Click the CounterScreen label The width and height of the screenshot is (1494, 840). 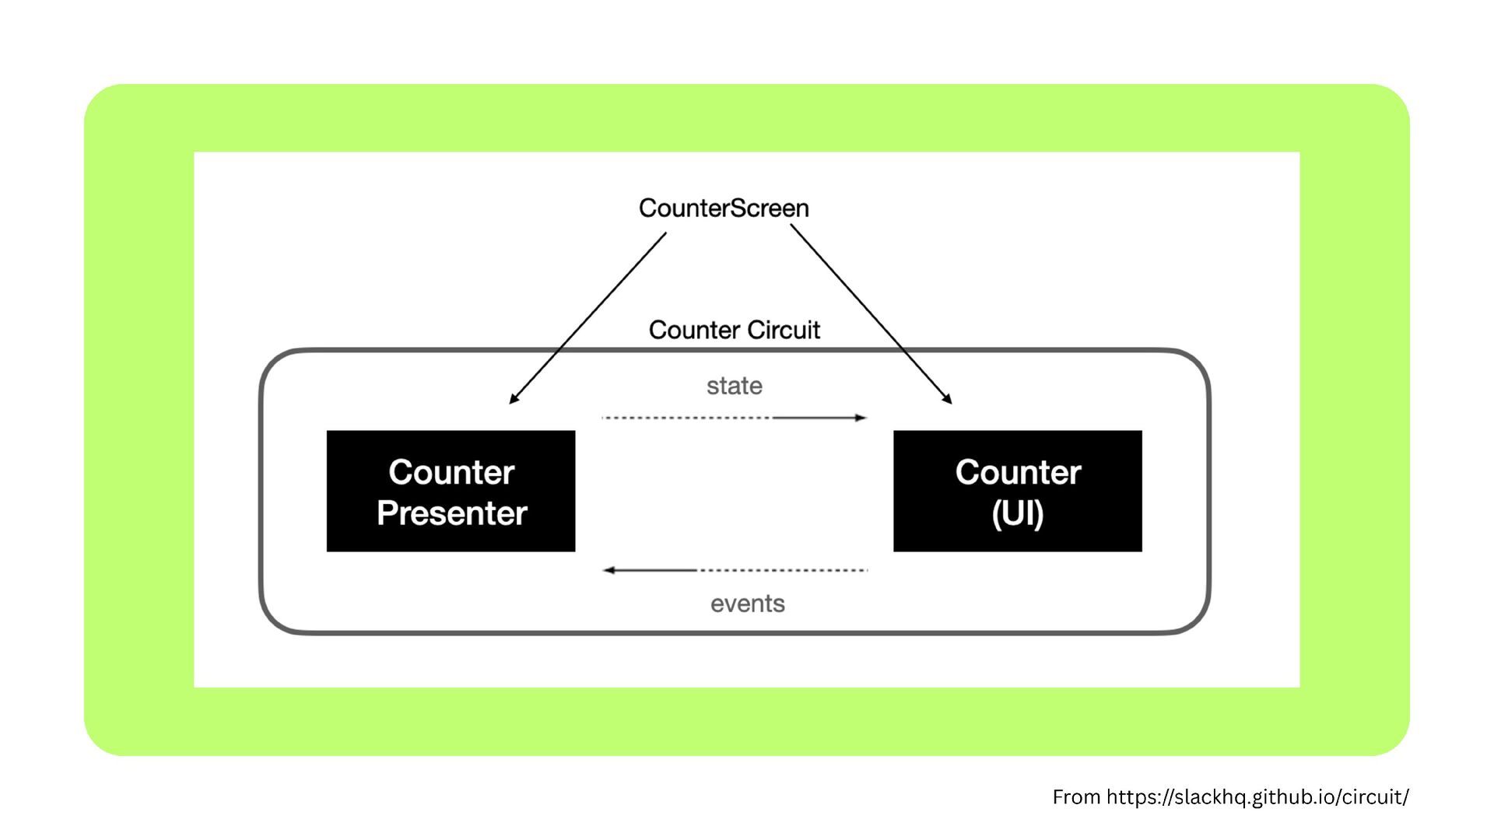pyautogui.click(x=724, y=208)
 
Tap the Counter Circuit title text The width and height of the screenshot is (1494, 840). pyautogui.click(x=734, y=330)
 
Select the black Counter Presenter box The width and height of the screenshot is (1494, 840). pyautogui.click(x=451, y=491)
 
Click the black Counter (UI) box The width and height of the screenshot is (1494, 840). pyautogui.click(x=1017, y=491)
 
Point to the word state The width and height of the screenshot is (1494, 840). pyautogui.click(x=734, y=386)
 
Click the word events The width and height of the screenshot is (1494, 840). pyautogui.click(x=747, y=604)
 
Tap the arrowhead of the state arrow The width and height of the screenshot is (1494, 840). pyautogui.click(x=861, y=418)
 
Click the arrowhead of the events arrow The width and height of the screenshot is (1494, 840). pyautogui.click(x=609, y=570)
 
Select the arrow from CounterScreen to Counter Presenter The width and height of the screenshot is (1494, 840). pyautogui.click(x=588, y=317)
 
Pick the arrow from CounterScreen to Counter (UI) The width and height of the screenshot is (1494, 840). pyautogui.click(x=870, y=313)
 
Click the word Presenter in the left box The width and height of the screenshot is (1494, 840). pyautogui.click(x=451, y=513)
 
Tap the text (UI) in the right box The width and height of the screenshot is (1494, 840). pyautogui.click(x=1017, y=513)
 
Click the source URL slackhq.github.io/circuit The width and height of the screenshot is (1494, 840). pyautogui.click(x=1257, y=797)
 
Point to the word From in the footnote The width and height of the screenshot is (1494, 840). pyautogui.click(x=1076, y=797)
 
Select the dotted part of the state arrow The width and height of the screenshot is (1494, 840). pyautogui.click(x=685, y=418)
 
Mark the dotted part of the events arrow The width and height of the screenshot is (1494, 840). pyautogui.click(x=782, y=570)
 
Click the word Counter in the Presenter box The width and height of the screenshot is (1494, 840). pyautogui.click(x=451, y=472)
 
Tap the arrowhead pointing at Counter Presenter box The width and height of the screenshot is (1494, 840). pyautogui.click(x=514, y=399)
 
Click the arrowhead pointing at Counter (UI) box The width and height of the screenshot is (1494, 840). pyautogui.click(x=947, y=399)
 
